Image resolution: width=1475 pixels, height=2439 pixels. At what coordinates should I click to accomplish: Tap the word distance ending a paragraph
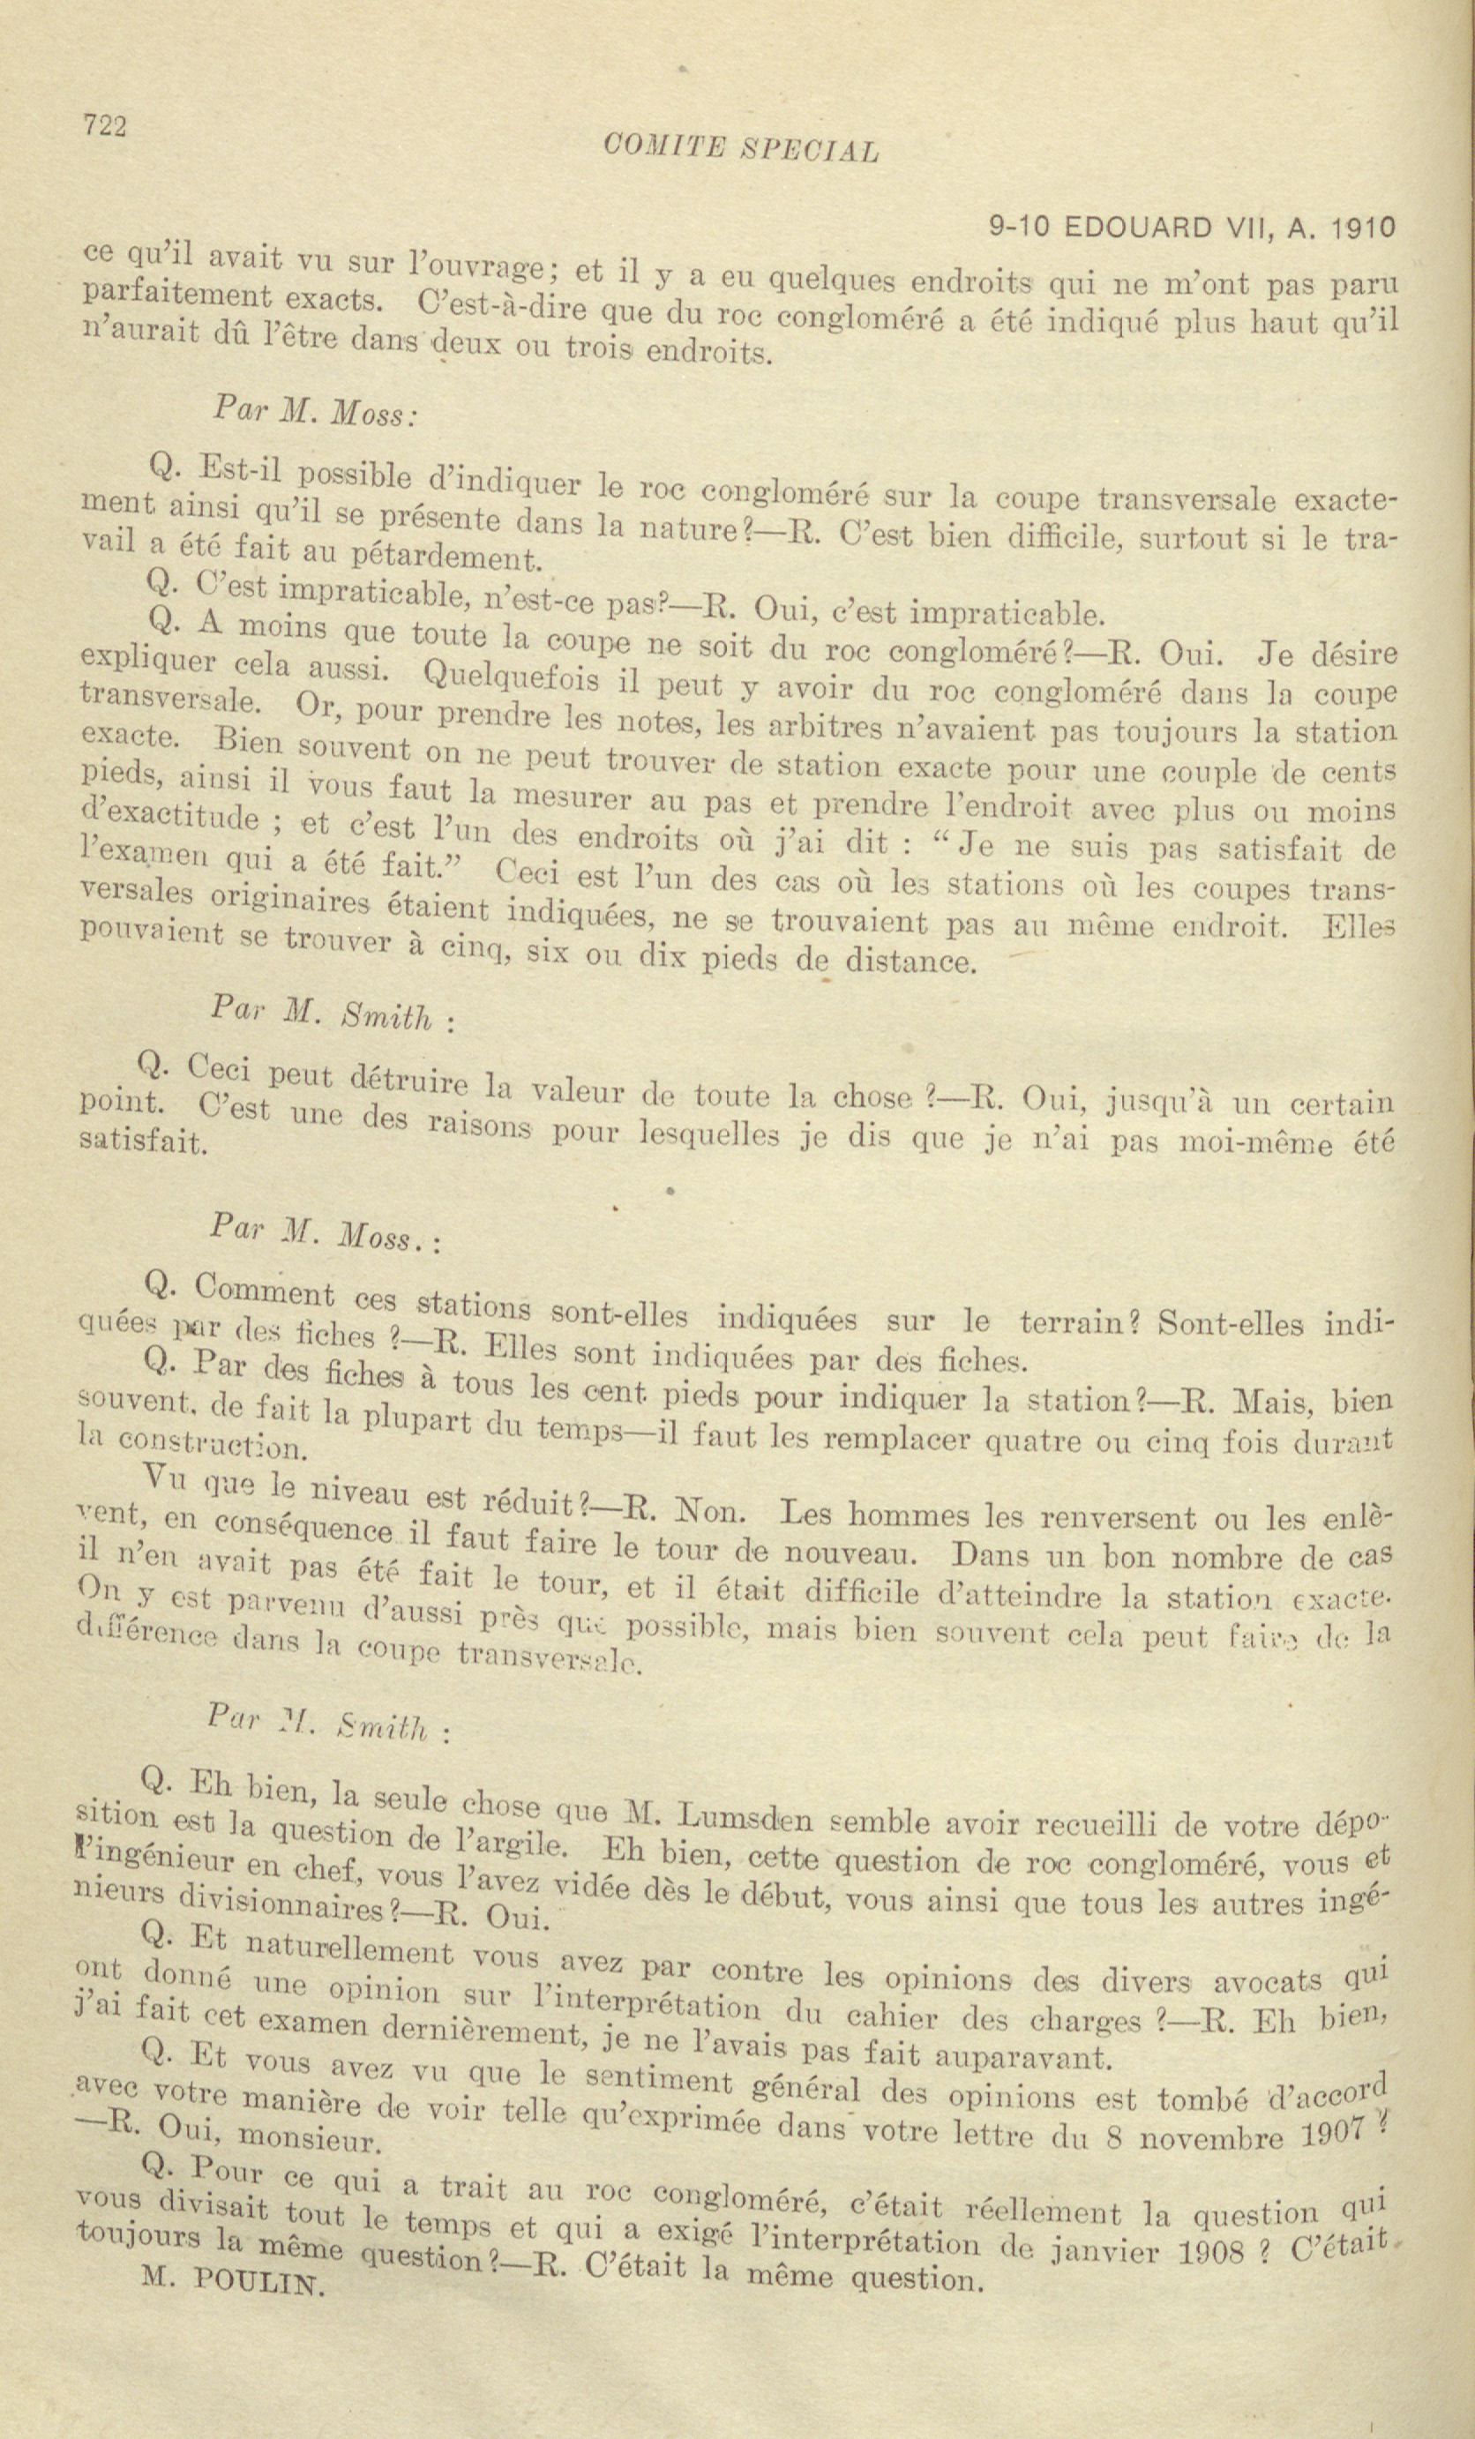(894, 959)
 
